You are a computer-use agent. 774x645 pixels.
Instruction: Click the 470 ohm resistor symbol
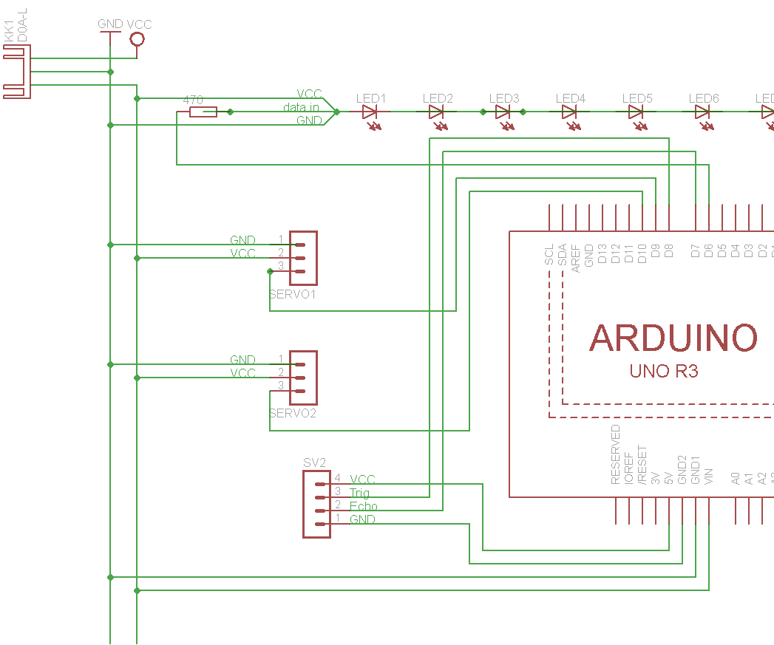[x=203, y=112]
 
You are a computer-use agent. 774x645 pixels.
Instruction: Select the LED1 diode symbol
[x=370, y=112]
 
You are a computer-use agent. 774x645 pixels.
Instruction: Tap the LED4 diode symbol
[x=569, y=112]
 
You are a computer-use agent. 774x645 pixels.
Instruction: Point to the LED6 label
[x=704, y=98]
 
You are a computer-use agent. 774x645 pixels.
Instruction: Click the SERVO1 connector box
[x=303, y=258]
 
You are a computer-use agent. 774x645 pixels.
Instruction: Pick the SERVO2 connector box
[x=303, y=378]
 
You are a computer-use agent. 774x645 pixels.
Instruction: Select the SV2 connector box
[x=316, y=504]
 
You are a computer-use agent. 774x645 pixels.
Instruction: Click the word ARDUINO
[x=673, y=338]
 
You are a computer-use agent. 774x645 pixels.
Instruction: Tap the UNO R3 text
[x=664, y=371]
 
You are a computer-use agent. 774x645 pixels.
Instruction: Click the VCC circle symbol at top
[x=137, y=38]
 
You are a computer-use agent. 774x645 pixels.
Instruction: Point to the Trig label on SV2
[x=360, y=493]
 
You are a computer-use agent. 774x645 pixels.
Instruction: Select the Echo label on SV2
[x=364, y=506]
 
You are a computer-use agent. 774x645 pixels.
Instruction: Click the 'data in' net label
[x=301, y=107]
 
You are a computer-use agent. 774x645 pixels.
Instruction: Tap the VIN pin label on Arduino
[x=709, y=476]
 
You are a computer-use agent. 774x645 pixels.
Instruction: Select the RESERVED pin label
[x=616, y=454]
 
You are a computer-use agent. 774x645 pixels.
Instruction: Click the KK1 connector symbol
[x=16, y=72]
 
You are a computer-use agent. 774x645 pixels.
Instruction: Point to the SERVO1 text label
[x=293, y=294]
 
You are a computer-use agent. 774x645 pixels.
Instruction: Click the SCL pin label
[x=549, y=255]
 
